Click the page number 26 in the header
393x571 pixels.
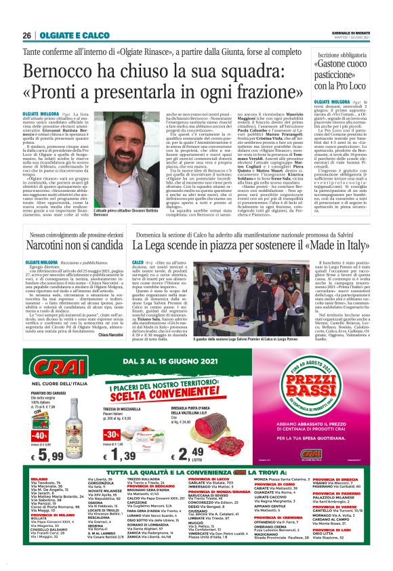[x=27, y=35]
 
